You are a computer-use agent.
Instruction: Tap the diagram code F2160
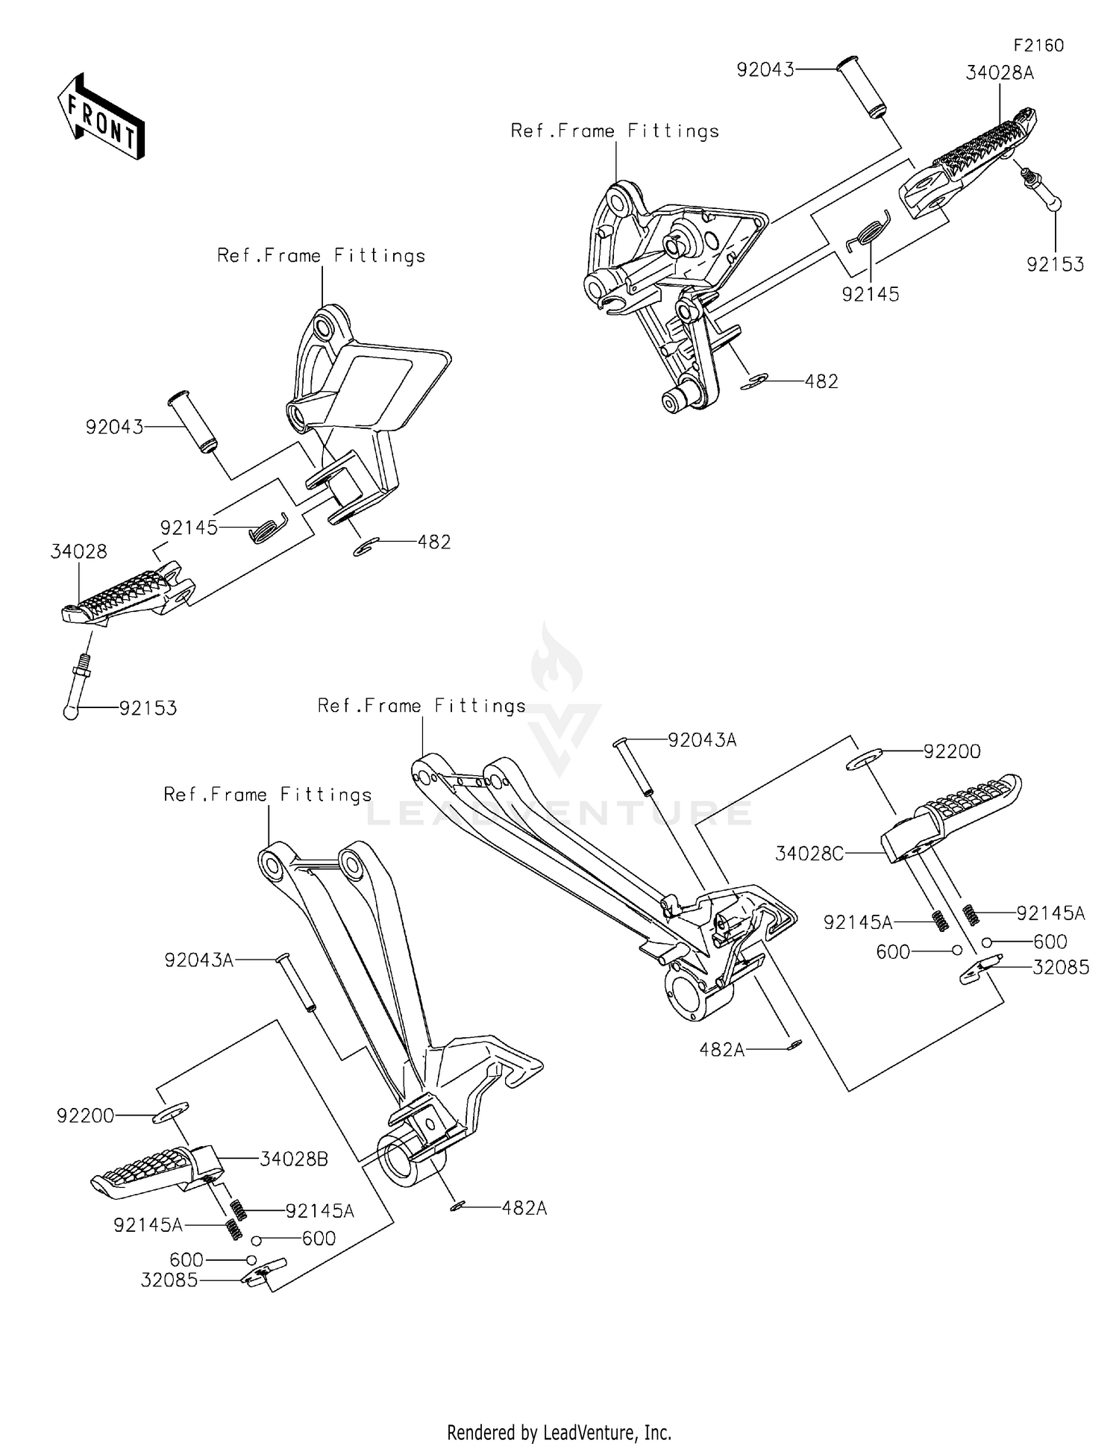pos(1038,46)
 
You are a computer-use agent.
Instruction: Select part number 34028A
pos(1000,73)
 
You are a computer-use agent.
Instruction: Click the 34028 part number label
pos(79,551)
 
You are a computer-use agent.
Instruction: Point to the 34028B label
pos(294,1159)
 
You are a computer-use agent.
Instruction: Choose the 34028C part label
pos(809,853)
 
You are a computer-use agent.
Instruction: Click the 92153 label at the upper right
pos(1055,265)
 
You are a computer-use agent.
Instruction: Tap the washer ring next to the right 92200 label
pos(865,760)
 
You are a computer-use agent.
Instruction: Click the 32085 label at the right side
pos(1060,968)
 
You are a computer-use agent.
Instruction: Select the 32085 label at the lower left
pos(169,1280)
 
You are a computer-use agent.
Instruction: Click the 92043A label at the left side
pos(198,960)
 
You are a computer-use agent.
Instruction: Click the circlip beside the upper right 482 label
pos(755,383)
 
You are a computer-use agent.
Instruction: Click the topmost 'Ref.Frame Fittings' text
pos(615,131)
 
